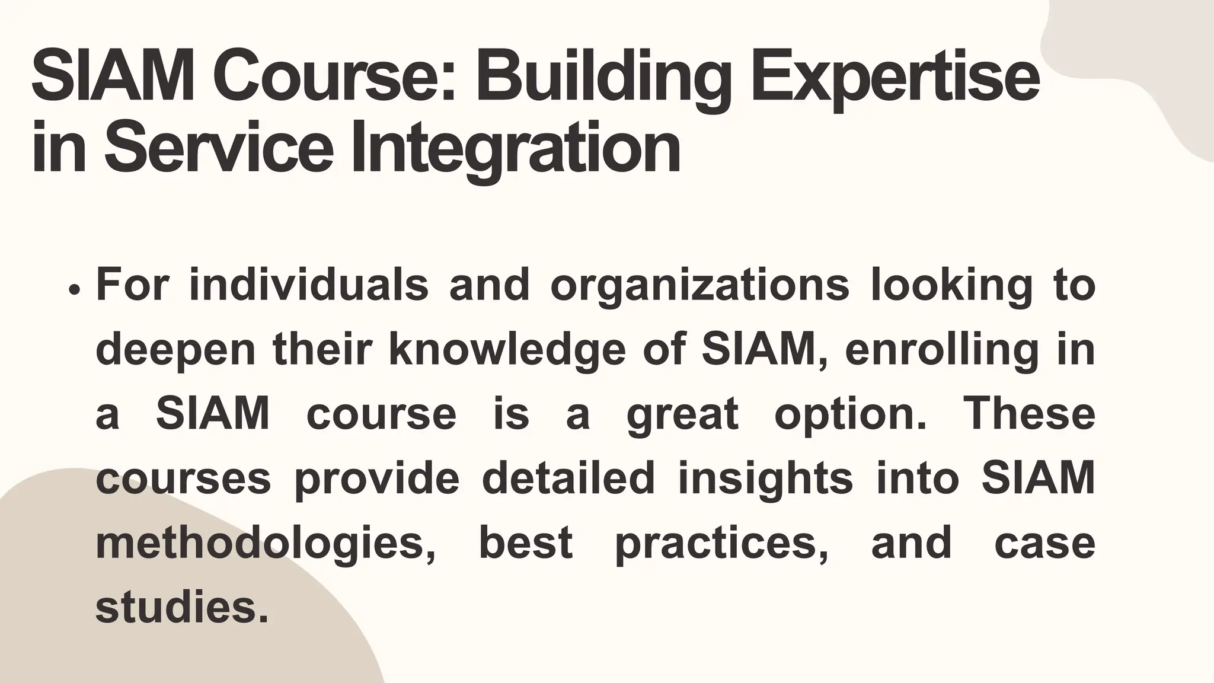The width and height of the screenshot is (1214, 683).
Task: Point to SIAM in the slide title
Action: [112, 79]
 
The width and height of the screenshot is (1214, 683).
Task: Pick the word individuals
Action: [309, 285]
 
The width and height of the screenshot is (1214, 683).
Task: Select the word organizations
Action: [699, 285]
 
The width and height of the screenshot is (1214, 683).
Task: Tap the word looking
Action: [952, 285]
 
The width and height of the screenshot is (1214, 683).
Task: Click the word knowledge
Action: [507, 349]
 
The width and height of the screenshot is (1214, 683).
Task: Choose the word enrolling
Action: [941, 349]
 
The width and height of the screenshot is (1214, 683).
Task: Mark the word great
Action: [682, 414]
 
